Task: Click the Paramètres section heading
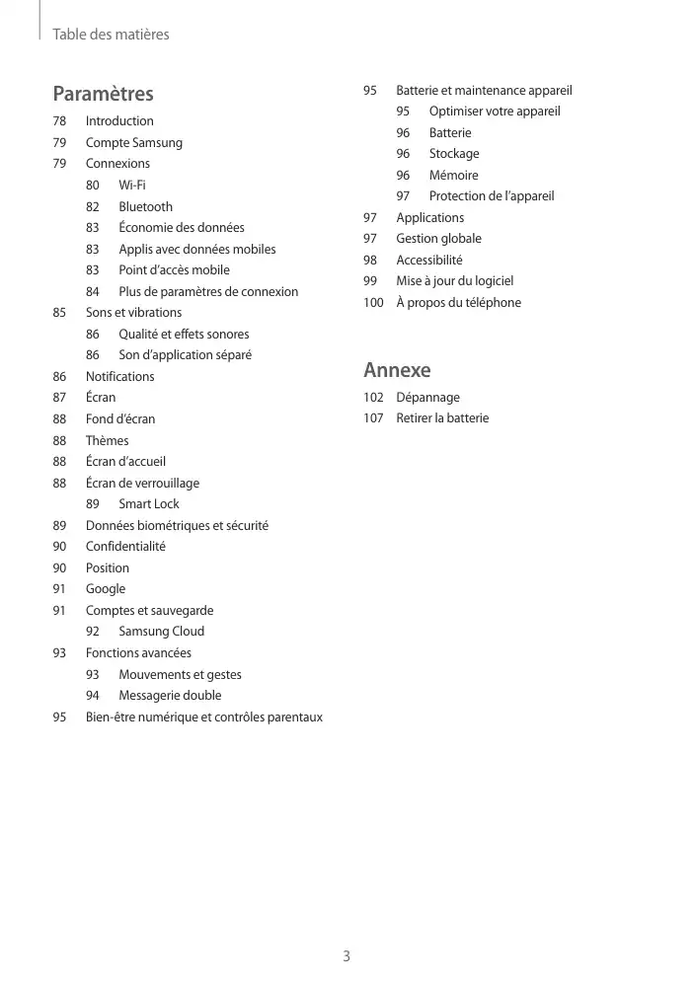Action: coord(103,94)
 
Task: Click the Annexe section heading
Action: coord(397,370)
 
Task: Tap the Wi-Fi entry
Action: coord(132,185)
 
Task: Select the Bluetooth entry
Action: coord(145,206)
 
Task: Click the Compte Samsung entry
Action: coord(133,142)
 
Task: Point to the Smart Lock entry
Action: coord(149,503)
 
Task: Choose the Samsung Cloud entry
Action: coord(161,631)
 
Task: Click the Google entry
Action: coord(106,588)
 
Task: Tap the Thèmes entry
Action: coord(107,440)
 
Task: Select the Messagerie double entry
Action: coord(170,695)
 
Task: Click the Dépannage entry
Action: coord(427,397)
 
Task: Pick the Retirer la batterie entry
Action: coord(442,417)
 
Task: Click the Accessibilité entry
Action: coord(428,260)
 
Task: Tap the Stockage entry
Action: coord(454,153)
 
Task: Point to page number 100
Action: coord(373,302)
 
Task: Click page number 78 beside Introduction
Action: coord(60,120)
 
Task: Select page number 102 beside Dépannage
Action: coord(373,397)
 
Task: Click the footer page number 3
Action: coord(347,955)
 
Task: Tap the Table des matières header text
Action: coord(111,35)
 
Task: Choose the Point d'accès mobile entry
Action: coord(174,269)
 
